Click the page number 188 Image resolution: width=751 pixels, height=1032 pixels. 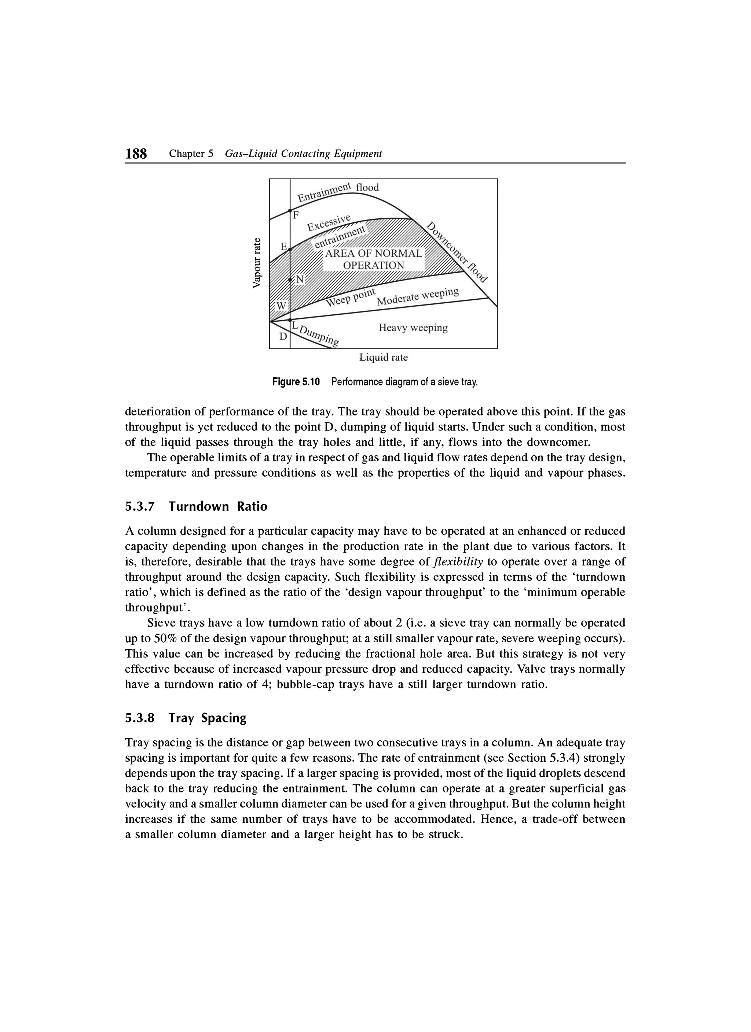tap(136, 154)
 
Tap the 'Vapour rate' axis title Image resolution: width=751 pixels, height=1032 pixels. tap(258, 263)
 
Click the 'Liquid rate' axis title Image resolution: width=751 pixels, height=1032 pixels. tap(384, 358)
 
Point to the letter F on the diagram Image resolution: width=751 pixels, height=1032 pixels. tap(296, 215)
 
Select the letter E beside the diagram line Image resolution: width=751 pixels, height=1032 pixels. tap(284, 247)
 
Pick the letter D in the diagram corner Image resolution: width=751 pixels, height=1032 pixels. tap(283, 337)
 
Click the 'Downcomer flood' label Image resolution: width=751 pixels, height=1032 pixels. tap(457, 252)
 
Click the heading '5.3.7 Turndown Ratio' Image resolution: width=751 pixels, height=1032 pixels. tap(196, 506)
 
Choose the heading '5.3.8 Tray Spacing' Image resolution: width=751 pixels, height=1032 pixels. tap(186, 718)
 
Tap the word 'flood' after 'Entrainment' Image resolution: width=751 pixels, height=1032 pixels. tap(367, 188)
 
